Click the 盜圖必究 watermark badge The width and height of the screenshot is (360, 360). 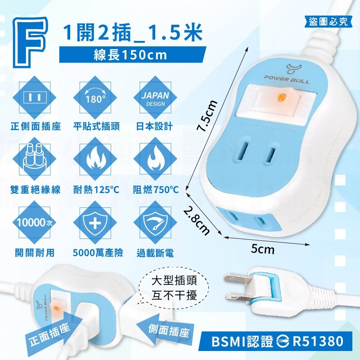329,22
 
